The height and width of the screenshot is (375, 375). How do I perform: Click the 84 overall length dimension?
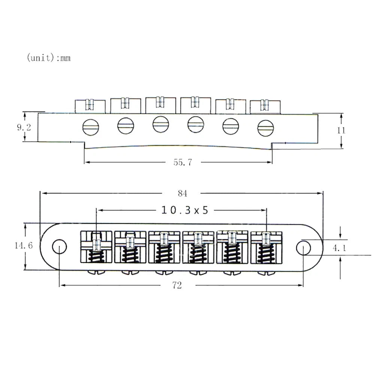pyautogui.click(x=182, y=193)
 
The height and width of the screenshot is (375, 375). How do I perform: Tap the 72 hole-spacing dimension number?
pyautogui.click(x=177, y=285)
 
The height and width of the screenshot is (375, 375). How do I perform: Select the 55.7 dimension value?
pyautogui.click(x=183, y=162)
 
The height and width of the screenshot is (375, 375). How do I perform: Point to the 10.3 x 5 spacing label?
pyautogui.click(x=185, y=210)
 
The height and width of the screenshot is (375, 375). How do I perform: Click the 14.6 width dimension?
pyautogui.click(x=24, y=245)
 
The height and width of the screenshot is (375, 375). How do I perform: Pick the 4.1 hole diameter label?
pyautogui.click(x=339, y=248)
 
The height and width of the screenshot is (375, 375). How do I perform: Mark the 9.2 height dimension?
pyautogui.click(x=24, y=127)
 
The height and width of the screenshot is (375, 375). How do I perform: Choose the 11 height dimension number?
pyautogui.click(x=341, y=131)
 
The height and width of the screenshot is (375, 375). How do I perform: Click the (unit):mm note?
pyautogui.click(x=49, y=58)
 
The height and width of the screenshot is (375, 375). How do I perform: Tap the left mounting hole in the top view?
pyautogui.click(x=59, y=247)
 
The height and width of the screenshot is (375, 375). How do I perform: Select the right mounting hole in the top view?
pyautogui.click(x=303, y=248)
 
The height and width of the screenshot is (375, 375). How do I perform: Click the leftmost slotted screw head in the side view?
pyautogui.click(x=91, y=127)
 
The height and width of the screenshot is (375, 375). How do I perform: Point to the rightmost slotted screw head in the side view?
pyautogui.click(x=266, y=128)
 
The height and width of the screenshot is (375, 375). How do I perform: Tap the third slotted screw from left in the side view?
pyautogui.click(x=161, y=124)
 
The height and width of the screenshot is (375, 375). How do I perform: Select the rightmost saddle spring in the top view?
pyautogui.click(x=266, y=254)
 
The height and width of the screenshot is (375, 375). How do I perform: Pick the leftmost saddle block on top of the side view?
pyautogui.click(x=90, y=106)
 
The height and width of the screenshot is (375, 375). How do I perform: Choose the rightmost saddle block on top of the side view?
pyautogui.click(x=265, y=107)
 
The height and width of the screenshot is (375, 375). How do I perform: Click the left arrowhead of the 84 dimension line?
pyautogui.click(x=43, y=193)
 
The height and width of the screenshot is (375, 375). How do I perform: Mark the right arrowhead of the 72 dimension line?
pyautogui.click(x=301, y=285)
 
